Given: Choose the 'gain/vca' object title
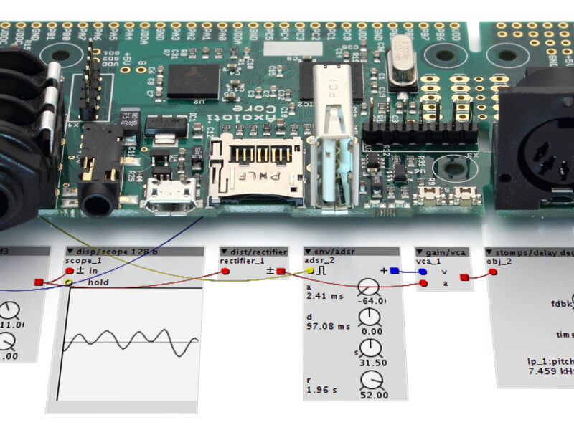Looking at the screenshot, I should coord(445,252).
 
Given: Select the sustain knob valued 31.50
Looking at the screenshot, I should coord(371,349).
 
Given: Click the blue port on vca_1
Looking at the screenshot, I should coord(423,272).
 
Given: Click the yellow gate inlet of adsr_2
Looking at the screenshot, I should coord(310,272).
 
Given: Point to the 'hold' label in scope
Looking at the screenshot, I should coord(98,282).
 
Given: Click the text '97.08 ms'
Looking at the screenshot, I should coord(328,326).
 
